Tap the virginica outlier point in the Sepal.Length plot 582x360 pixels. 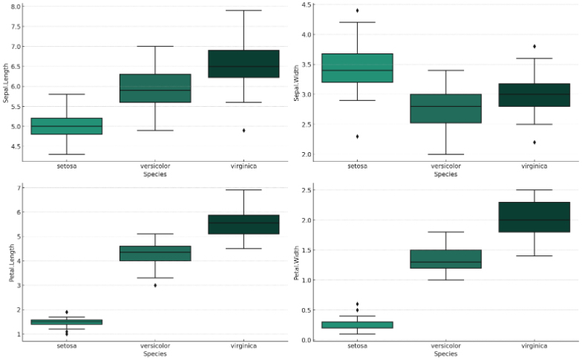[243, 130]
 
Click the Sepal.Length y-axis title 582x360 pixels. [5, 82]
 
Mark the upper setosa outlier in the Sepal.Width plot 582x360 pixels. [357, 10]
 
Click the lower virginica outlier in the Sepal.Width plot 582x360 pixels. [534, 142]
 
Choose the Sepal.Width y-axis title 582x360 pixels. [296, 82]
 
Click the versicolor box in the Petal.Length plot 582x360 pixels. [155, 253]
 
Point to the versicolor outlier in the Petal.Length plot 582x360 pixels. [155, 285]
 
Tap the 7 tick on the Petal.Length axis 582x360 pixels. [17, 188]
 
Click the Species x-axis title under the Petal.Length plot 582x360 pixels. [154, 354]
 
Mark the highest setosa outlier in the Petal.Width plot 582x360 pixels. [357, 304]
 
